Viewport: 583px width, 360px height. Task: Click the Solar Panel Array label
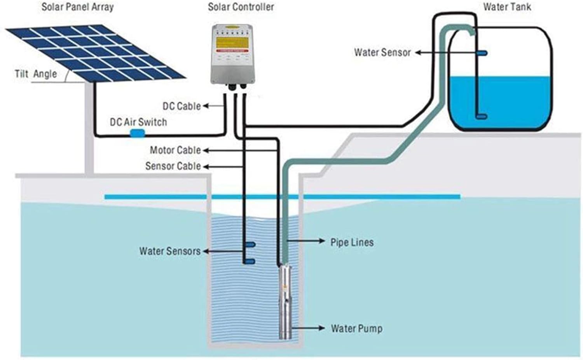77,7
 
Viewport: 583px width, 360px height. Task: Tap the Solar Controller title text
241,7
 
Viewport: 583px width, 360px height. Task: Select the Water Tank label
507,7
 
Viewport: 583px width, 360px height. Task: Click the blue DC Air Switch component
137,133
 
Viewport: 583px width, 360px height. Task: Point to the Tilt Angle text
36,74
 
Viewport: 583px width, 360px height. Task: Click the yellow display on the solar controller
232,43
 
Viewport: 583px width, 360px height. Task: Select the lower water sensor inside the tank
482,116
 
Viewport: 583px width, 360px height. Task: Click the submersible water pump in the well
286,301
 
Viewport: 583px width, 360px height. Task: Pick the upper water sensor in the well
250,245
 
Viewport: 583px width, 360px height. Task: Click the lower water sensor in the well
250,261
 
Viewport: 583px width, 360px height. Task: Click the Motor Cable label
175,150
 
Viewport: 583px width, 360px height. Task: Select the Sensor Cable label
173,166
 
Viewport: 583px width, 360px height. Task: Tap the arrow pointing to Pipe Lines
307,241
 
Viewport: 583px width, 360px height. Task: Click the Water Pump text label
356,329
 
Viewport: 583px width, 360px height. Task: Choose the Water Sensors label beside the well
170,251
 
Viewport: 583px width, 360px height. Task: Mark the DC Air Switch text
138,122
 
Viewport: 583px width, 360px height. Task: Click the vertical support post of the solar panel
89,128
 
